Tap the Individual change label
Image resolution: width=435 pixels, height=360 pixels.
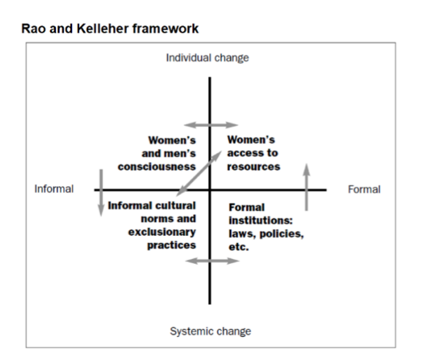point(207,58)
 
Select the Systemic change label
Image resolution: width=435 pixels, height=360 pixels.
point(210,331)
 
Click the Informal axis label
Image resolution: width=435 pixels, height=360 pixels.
point(54,189)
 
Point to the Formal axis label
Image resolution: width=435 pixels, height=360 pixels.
point(364,189)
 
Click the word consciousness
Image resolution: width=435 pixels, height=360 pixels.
point(157,167)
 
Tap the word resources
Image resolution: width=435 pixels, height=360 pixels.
point(253,167)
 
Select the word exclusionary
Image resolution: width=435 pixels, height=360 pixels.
point(162,232)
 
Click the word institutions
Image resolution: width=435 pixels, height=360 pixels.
point(262,221)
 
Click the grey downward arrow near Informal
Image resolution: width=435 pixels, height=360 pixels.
point(101,191)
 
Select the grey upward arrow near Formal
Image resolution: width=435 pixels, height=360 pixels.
point(306,186)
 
